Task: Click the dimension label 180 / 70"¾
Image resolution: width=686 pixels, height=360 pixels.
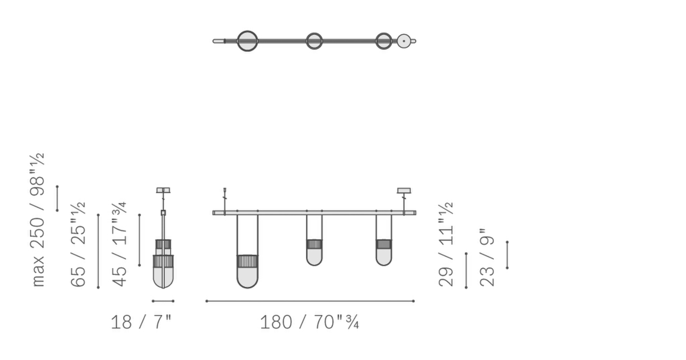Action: [x=309, y=322]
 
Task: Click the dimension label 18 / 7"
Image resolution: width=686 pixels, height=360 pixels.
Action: [x=141, y=322]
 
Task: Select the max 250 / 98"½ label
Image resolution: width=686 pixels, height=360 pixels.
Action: [x=38, y=220]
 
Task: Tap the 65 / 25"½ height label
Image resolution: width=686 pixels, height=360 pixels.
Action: [x=78, y=244]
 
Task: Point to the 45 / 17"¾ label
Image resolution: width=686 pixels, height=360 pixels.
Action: [x=119, y=244]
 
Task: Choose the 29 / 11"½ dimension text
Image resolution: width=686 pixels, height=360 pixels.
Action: [x=446, y=244]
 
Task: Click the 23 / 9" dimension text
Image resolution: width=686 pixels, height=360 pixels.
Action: [x=487, y=257]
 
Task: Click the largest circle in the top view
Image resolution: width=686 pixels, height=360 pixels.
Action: [x=247, y=41]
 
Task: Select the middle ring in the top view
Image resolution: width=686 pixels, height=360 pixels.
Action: [x=314, y=41]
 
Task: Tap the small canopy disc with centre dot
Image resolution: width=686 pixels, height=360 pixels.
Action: [x=403, y=41]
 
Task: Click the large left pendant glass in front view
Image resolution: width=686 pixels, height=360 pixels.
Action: [x=247, y=274]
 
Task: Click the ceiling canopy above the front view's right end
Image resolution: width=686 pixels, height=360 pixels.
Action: [x=404, y=190]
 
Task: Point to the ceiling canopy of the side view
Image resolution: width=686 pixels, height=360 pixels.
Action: [x=163, y=190]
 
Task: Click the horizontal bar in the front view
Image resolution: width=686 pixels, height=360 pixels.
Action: [x=314, y=213]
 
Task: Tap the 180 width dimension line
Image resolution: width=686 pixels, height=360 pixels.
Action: [x=310, y=301]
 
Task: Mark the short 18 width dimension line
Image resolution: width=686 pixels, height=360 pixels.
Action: [x=163, y=301]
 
